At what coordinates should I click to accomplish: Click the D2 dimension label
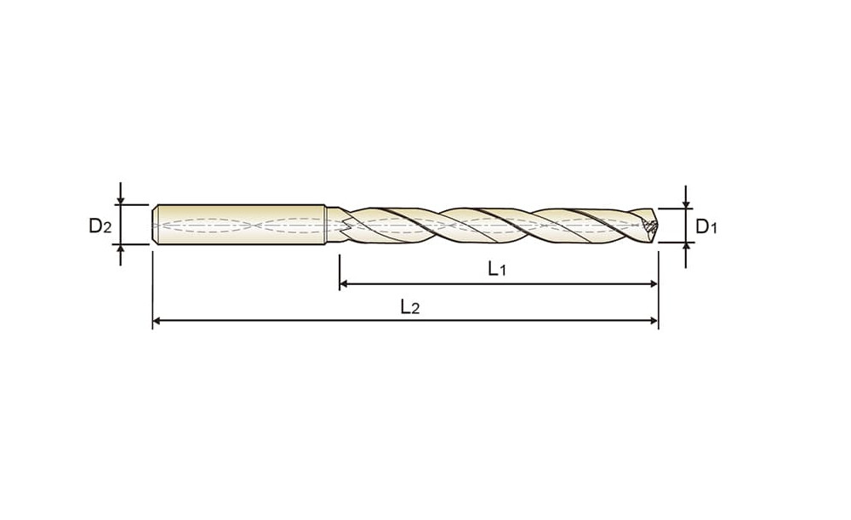[x=100, y=226]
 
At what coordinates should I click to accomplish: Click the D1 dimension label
[x=706, y=226]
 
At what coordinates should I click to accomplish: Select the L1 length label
[x=497, y=268]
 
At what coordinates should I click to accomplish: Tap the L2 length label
[x=410, y=306]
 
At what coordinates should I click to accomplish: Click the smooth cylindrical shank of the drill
[x=239, y=225]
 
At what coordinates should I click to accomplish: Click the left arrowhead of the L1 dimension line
[x=343, y=283]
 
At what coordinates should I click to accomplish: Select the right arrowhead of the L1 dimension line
[x=654, y=283]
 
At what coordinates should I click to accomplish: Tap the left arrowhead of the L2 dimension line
[x=157, y=321]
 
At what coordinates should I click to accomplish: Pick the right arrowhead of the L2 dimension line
[x=654, y=321]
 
